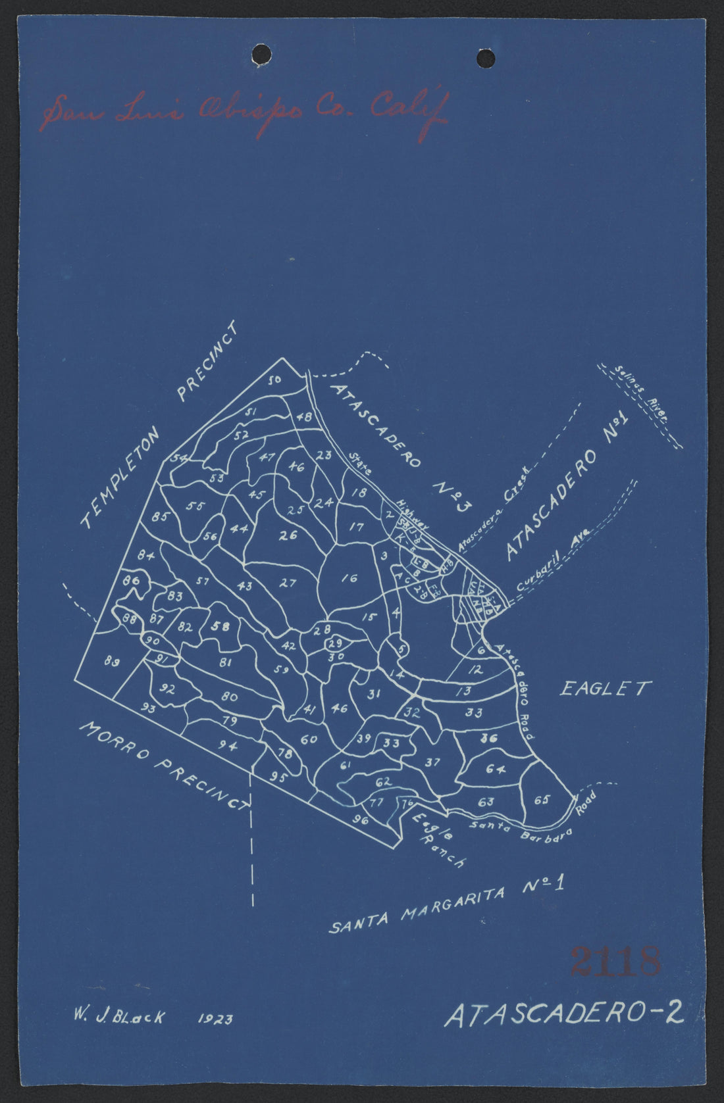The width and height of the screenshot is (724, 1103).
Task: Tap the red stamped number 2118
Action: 615,962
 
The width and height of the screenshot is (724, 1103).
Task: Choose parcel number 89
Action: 112,662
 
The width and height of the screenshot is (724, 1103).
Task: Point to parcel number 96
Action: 360,820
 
